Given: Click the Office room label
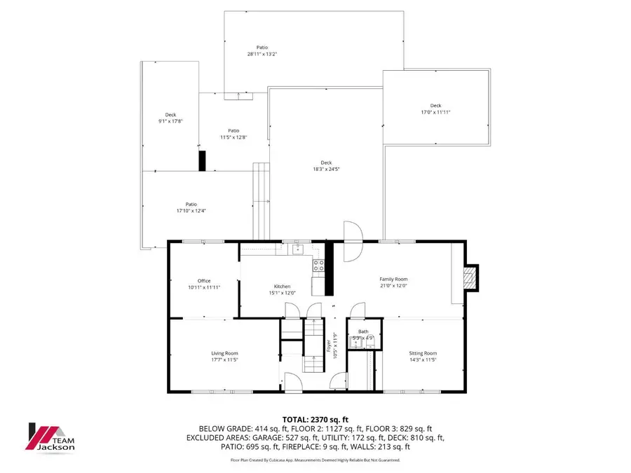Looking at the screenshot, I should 204,281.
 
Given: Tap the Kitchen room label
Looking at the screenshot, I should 282,287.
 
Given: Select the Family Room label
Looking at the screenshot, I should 393,279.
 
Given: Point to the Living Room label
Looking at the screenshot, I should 225,353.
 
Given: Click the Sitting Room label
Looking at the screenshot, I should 423,353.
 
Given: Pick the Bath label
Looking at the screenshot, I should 362,331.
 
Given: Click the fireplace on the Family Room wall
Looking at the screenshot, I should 471,277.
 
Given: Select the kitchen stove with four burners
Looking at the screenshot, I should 318,265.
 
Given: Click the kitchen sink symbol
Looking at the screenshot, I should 297,247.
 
